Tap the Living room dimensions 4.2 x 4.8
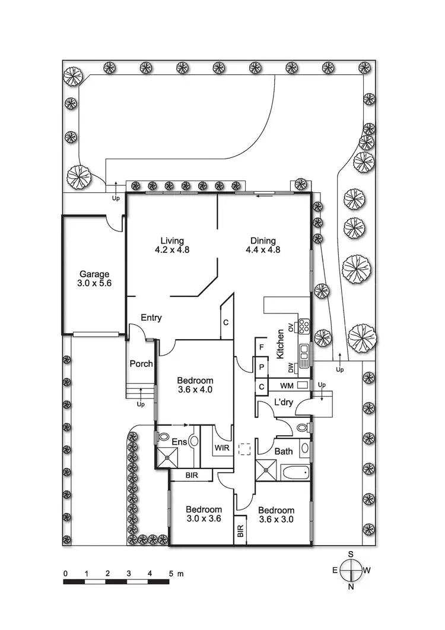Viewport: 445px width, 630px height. pyautogui.click(x=171, y=250)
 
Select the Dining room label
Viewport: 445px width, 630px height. pyautogui.click(x=262, y=240)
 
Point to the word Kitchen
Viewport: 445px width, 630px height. pyautogui.click(x=280, y=344)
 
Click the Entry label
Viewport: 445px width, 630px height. pyautogui.click(x=151, y=318)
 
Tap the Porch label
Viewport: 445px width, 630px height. pyautogui.click(x=141, y=363)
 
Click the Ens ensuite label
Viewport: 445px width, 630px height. pyautogui.click(x=179, y=442)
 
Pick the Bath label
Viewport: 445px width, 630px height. pyautogui.click(x=284, y=451)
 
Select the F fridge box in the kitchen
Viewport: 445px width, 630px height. pyautogui.click(x=260, y=346)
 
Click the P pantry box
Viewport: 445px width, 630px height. pyautogui.click(x=260, y=367)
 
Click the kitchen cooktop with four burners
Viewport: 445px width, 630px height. pyautogui.click(x=304, y=325)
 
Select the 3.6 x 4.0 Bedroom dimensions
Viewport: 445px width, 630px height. pyautogui.click(x=195, y=390)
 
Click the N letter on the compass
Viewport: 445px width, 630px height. pyautogui.click(x=351, y=587)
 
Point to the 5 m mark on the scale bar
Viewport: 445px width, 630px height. pyautogui.click(x=171, y=574)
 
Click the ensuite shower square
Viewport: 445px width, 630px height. pyautogui.click(x=167, y=457)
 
